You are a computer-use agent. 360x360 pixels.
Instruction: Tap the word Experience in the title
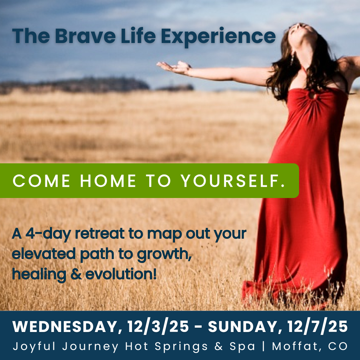click(218, 38)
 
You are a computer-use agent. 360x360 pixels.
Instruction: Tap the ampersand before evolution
click(76, 274)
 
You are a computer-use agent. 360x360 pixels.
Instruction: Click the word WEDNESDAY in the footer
click(65, 326)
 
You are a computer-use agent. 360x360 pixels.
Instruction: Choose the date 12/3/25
click(158, 326)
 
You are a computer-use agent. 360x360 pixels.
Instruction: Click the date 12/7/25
click(317, 326)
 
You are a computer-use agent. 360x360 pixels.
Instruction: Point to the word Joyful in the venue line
click(34, 346)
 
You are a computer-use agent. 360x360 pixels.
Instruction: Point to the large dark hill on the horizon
click(76, 85)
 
